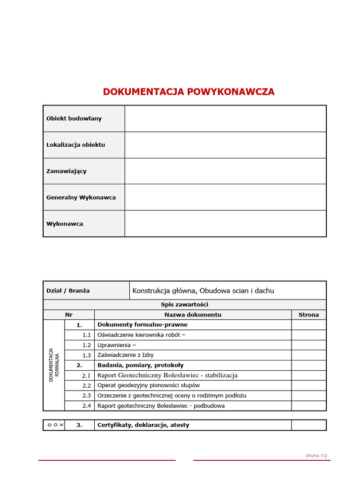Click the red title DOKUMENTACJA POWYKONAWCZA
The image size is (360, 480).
click(189, 92)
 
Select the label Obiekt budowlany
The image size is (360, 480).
click(74, 119)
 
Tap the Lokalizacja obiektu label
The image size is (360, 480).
click(75, 145)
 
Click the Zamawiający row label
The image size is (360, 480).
click(66, 171)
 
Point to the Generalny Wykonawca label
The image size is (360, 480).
click(81, 197)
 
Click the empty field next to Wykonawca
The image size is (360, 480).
click(225, 224)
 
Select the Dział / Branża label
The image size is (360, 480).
click(68, 291)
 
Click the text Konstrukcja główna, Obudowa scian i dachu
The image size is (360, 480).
click(203, 291)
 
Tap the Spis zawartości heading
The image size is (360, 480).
click(184, 305)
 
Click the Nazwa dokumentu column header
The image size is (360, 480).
click(193, 315)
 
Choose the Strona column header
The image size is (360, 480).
click(308, 315)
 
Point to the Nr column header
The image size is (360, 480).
click(69, 315)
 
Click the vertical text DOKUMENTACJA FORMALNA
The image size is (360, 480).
click(54, 365)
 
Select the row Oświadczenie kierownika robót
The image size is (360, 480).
click(141, 335)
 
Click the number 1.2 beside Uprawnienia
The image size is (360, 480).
click(86, 345)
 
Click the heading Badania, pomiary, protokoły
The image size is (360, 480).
click(140, 365)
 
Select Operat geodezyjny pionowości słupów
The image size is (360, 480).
click(148, 385)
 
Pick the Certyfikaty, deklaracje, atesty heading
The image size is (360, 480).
click(143, 425)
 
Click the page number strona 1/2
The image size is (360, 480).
click(316, 456)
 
